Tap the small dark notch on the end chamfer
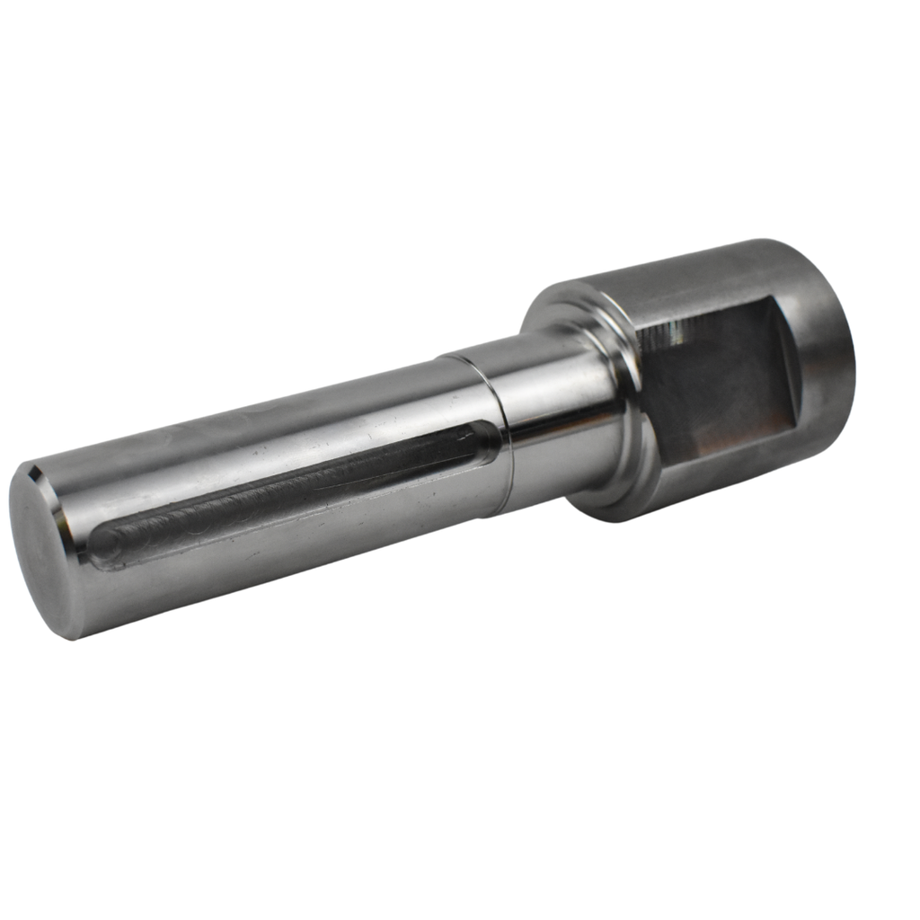point(33,471)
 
